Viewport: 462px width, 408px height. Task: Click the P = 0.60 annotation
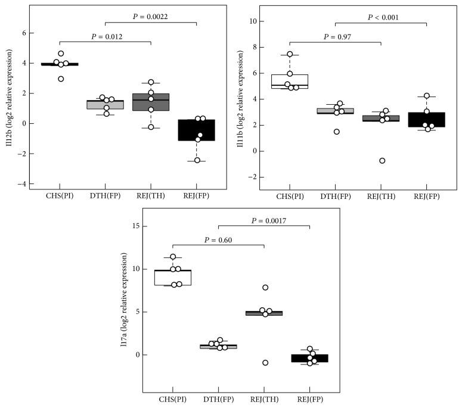(219, 240)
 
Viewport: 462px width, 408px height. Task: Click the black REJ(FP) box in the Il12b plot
(197, 130)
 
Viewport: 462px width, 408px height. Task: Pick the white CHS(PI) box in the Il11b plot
(290, 81)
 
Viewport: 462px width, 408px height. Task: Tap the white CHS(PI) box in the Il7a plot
(173, 278)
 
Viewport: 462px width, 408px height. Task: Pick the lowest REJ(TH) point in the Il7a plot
(265, 363)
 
